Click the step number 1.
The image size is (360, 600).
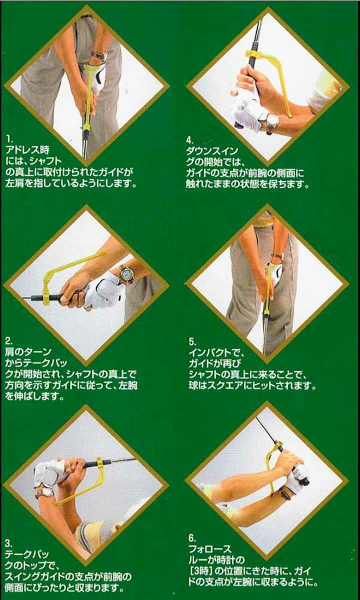[9, 139]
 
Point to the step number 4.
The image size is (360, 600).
[189, 140]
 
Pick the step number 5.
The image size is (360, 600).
[192, 342]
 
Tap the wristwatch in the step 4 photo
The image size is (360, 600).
[272, 122]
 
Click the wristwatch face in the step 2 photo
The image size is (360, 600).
[125, 273]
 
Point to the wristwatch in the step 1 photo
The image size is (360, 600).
[99, 55]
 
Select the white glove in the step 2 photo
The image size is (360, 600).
[102, 292]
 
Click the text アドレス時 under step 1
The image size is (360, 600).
[27, 149]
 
